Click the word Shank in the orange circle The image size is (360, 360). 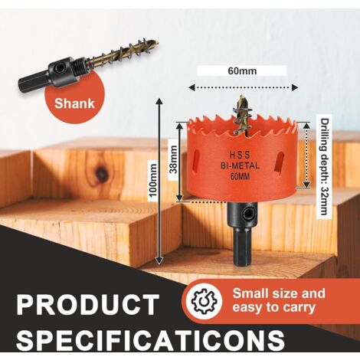pos(74,103)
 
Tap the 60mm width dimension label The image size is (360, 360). pos(242,70)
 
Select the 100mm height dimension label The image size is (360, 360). pos(153,180)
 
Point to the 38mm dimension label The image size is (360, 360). pos(174,159)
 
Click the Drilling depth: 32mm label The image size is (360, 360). pos(324,166)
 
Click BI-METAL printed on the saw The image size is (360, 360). pos(240,165)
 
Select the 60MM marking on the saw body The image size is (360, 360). pos(240,176)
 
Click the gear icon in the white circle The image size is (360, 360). pos(203,301)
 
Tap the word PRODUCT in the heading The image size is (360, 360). pos(87,305)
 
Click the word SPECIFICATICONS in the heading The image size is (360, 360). pos(151,339)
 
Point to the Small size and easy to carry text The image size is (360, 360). pos(279,300)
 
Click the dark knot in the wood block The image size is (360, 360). pos(100,174)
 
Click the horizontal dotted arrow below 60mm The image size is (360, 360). pos(243,87)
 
